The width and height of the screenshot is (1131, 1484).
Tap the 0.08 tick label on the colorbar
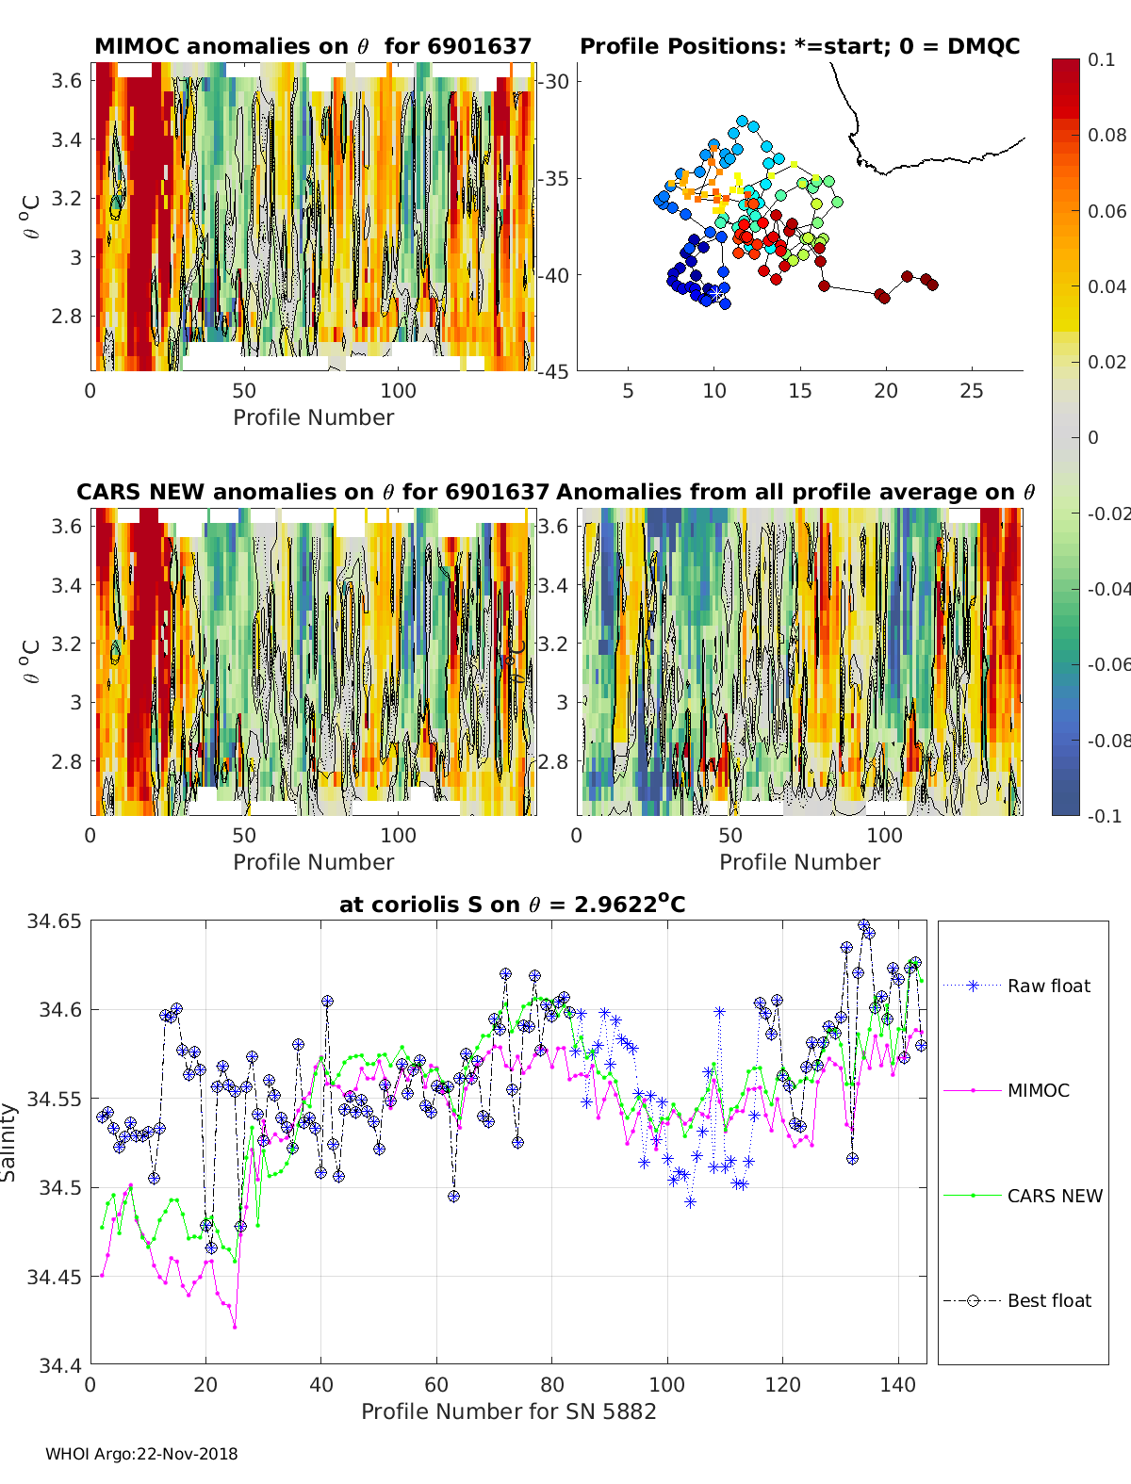1106,135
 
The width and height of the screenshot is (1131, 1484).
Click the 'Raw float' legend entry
1048,986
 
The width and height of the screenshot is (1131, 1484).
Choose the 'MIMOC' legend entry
1038,1090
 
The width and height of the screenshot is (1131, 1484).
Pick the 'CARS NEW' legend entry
1055,1196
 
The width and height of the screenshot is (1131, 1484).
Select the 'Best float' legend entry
1049,1300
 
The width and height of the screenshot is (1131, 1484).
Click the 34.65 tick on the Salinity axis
54,921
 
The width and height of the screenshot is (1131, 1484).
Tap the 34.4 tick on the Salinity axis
58,1364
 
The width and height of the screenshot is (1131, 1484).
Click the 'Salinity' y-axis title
9,1142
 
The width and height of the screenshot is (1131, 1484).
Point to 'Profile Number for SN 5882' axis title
508,1411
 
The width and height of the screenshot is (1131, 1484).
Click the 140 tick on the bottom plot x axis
898,1384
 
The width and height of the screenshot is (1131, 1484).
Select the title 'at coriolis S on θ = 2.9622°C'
512,905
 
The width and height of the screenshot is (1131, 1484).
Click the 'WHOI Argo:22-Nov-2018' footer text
141,1454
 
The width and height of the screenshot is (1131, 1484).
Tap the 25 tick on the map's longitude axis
972,391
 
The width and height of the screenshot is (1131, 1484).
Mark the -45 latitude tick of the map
554,371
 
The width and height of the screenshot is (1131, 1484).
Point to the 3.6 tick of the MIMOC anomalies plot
66,81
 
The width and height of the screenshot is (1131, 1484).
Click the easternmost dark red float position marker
932,285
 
